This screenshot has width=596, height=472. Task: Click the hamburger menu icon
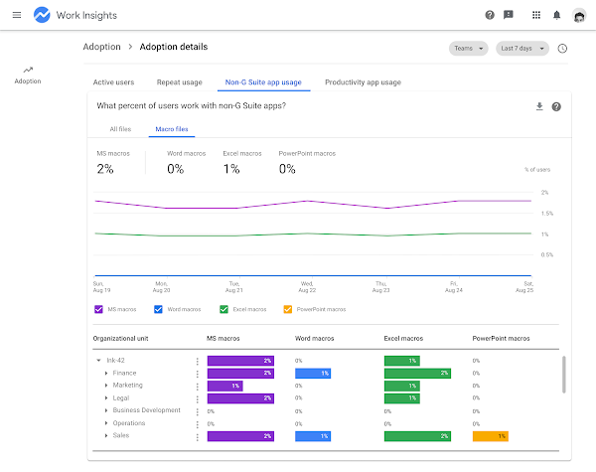(17, 15)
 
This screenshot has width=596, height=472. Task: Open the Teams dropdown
(468, 49)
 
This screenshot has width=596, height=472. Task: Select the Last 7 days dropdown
(522, 49)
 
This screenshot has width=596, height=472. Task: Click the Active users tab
(113, 82)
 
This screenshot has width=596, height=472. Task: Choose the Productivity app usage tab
(363, 82)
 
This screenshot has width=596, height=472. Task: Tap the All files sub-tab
(120, 129)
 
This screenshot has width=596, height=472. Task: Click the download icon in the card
(539, 106)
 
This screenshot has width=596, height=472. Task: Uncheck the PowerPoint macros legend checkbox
(288, 309)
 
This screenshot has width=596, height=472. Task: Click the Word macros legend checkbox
(158, 309)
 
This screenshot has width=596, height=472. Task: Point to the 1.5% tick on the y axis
(547, 214)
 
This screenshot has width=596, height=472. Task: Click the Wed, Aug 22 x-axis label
(307, 287)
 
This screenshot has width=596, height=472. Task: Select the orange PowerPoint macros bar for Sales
(491, 436)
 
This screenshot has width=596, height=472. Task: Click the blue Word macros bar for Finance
(313, 373)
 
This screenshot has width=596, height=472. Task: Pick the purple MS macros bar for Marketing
(225, 386)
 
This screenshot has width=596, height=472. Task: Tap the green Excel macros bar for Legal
(401, 398)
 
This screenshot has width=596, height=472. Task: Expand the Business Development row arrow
(106, 410)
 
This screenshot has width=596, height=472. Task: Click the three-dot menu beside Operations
(198, 424)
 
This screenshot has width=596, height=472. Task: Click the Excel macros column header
(403, 338)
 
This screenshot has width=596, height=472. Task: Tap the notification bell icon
(556, 15)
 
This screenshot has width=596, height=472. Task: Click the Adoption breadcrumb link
(102, 47)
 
